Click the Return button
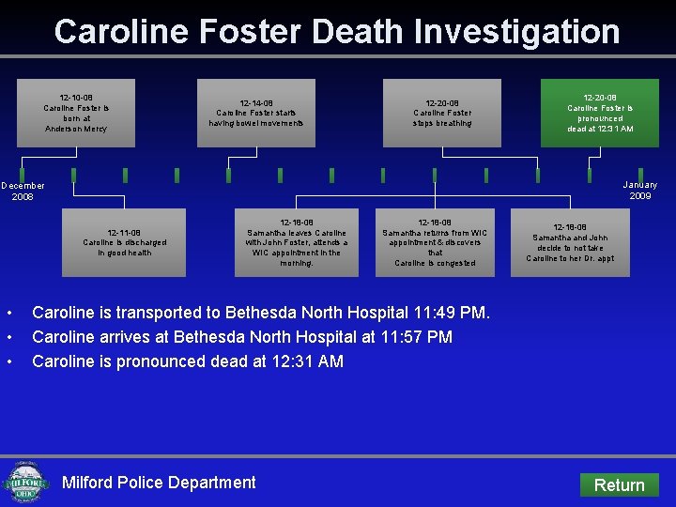pos(619,484)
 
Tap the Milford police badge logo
pos(26,483)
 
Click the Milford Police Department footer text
pos(159,483)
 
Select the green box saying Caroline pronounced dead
pos(600,113)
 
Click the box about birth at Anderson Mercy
pos(76,113)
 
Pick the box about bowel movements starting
pos(255,113)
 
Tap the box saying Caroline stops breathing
pos(442,113)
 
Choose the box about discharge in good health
pos(123,242)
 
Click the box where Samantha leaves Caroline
pos(297,242)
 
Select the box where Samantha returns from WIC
pos(436,242)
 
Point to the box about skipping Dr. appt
pos(570,242)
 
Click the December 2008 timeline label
pos(23,191)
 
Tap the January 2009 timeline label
pos(640,191)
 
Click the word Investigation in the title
pos(517,32)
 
